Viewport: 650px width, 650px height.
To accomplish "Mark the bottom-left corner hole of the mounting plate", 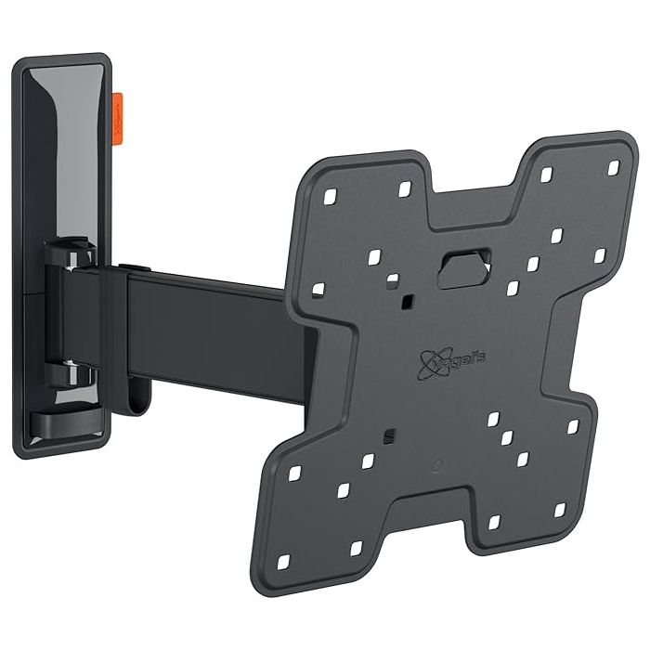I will pos(283,561).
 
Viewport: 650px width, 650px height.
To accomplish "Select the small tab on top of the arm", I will pos(137,269).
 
